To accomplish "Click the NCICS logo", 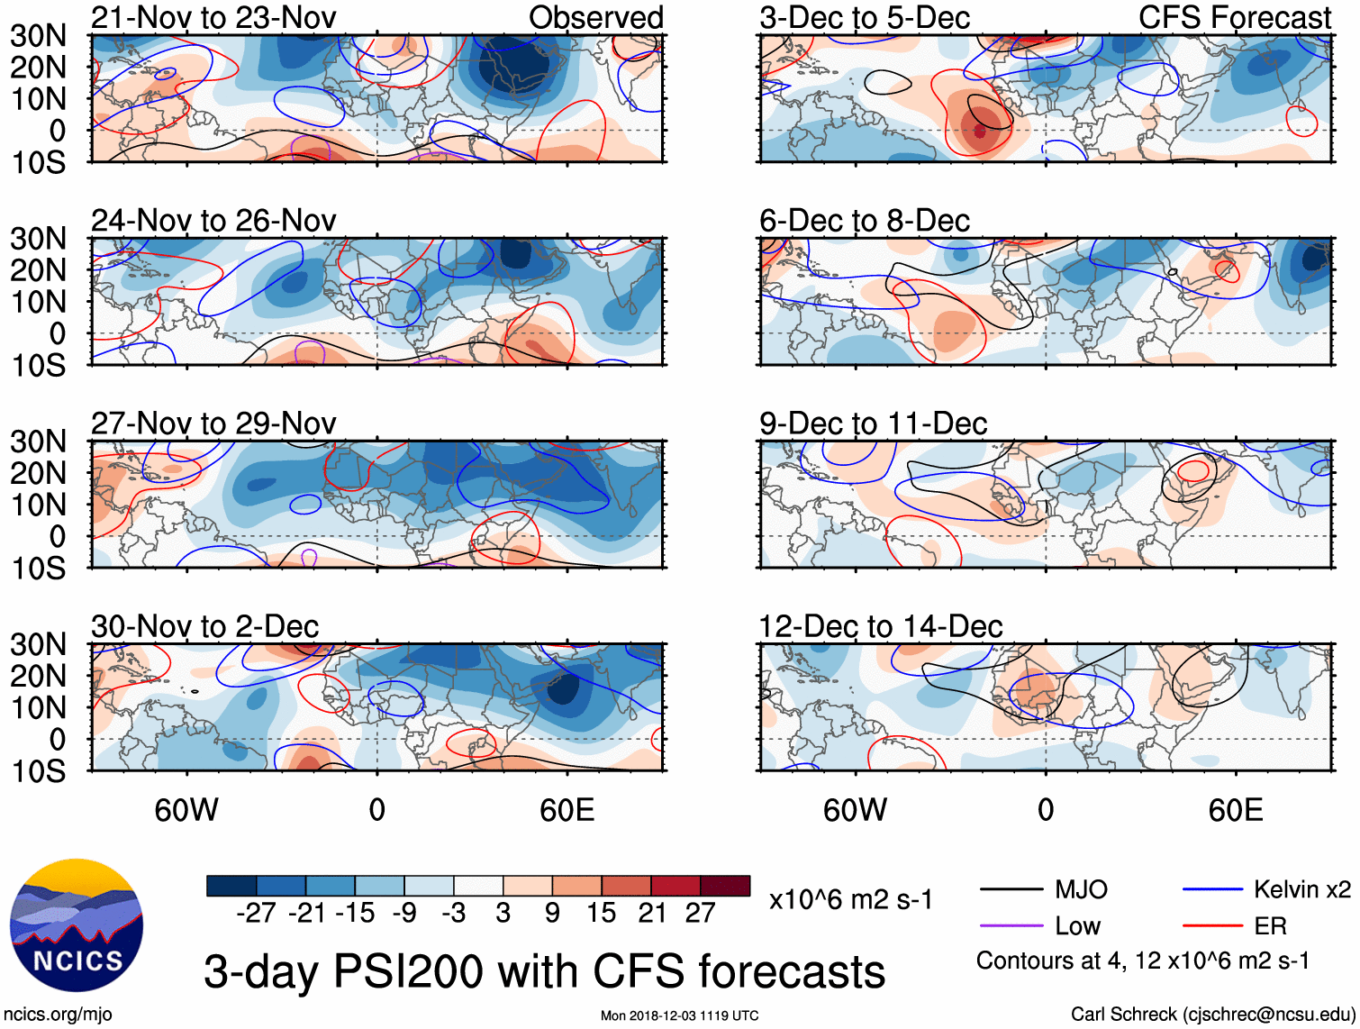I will click(77, 925).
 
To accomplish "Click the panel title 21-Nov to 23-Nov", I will click(213, 17).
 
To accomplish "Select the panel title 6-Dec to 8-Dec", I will click(864, 221).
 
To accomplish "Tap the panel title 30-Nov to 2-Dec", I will click(204, 626).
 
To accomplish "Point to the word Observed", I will click(595, 17).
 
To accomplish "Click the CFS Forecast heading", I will click(1234, 17).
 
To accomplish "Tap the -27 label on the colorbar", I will click(256, 914).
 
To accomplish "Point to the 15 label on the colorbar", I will click(601, 914).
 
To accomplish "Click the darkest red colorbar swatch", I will click(725, 886).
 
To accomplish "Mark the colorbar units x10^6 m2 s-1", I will click(850, 900).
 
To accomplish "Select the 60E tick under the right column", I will click(1235, 810).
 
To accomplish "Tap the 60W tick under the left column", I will click(186, 810).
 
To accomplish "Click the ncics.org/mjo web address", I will click(58, 1015).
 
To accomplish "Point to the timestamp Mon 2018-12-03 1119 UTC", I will click(679, 1015).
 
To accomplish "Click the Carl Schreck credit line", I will click(1212, 1015).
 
